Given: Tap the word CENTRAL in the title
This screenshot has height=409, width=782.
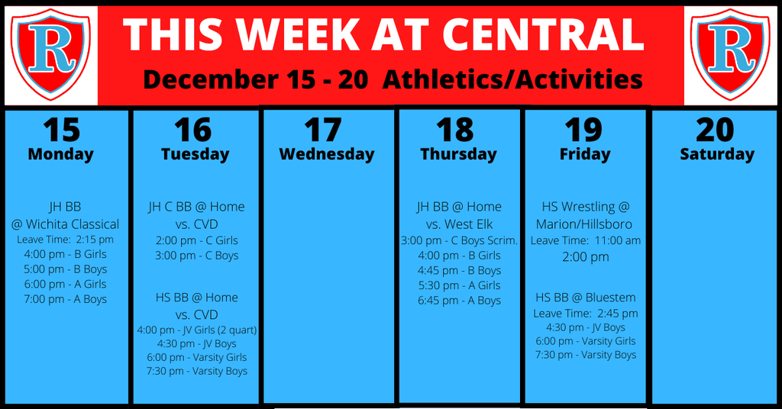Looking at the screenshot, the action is (x=543, y=35).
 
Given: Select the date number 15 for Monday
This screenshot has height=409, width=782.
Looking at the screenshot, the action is (x=62, y=130).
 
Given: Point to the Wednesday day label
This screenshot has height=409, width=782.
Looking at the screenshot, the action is (x=327, y=154).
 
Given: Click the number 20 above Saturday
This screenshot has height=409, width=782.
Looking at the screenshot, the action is (x=715, y=130).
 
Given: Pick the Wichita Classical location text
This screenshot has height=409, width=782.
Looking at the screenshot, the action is (x=66, y=224).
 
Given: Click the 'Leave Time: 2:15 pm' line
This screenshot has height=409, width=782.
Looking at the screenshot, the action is (x=66, y=240).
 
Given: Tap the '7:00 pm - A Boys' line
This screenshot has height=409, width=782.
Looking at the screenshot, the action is (x=66, y=299).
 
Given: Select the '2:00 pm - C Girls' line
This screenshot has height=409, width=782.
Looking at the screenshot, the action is (x=197, y=240).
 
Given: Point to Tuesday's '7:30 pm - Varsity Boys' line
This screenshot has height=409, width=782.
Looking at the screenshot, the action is (x=197, y=371).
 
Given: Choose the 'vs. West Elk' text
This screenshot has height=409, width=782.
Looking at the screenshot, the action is (x=459, y=224).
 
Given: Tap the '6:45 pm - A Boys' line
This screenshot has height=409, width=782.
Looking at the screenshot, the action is (x=459, y=301).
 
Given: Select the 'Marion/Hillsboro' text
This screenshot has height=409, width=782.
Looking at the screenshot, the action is (x=584, y=224).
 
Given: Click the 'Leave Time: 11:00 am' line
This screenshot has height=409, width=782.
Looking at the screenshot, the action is (x=586, y=240).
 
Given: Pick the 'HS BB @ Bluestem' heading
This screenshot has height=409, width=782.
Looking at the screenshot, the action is (x=586, y=298).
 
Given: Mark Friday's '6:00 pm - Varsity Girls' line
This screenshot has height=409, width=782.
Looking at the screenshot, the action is (x=586, y=341).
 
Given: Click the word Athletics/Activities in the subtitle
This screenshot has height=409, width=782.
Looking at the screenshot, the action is (x=512, y=79).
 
